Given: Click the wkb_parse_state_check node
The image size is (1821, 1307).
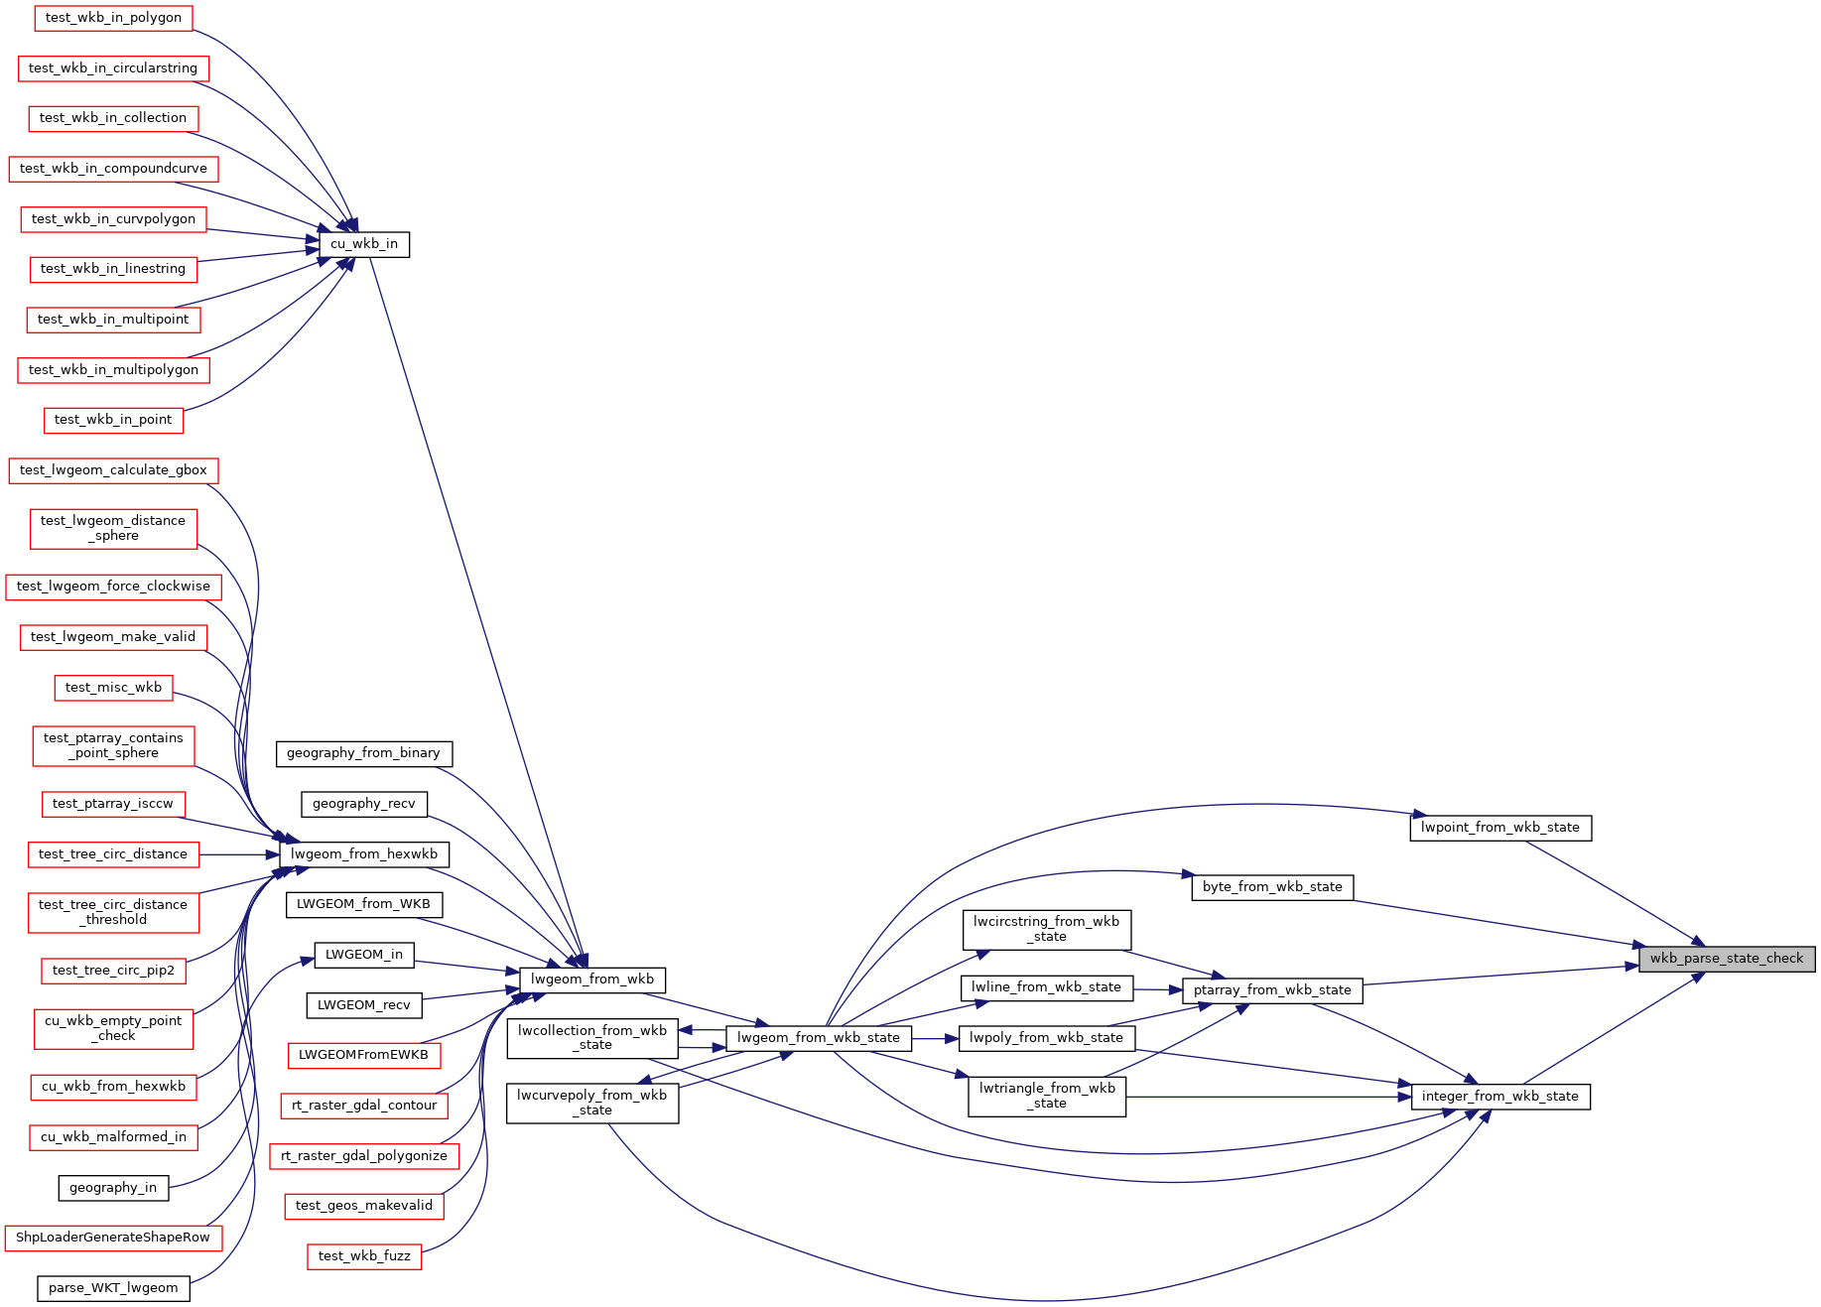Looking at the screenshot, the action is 1727,959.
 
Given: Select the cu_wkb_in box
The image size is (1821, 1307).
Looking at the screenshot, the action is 364,244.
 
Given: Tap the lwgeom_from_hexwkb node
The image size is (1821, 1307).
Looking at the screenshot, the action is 364,854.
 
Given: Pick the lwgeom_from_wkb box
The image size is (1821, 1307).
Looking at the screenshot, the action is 592,980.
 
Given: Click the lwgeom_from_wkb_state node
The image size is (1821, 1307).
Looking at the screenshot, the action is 819,1039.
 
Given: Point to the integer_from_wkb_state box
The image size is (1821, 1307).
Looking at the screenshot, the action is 1500,1097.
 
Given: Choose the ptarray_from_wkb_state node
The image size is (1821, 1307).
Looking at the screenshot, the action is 1272,990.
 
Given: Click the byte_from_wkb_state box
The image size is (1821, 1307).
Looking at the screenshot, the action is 1272,887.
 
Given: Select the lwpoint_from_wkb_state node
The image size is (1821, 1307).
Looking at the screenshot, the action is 1500,828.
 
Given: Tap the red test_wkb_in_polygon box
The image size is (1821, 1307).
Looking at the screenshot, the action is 113,18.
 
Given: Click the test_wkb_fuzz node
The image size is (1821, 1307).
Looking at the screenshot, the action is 364,1256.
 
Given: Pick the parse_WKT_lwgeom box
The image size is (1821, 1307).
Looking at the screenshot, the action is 113,1288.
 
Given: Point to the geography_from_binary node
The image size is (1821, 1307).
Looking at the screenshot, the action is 364,753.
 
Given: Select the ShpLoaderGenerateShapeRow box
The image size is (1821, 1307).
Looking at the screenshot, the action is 113,1238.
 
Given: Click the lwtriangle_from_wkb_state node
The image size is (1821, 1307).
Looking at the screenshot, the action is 1047,1097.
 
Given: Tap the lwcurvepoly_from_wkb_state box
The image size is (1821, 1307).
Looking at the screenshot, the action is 592,1104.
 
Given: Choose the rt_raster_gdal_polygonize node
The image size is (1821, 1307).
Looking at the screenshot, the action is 364,1156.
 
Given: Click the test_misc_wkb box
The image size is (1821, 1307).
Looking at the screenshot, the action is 113,688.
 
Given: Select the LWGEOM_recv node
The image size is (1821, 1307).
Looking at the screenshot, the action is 364,1005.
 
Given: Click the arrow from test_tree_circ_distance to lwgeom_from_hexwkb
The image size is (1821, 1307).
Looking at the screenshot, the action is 239,854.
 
